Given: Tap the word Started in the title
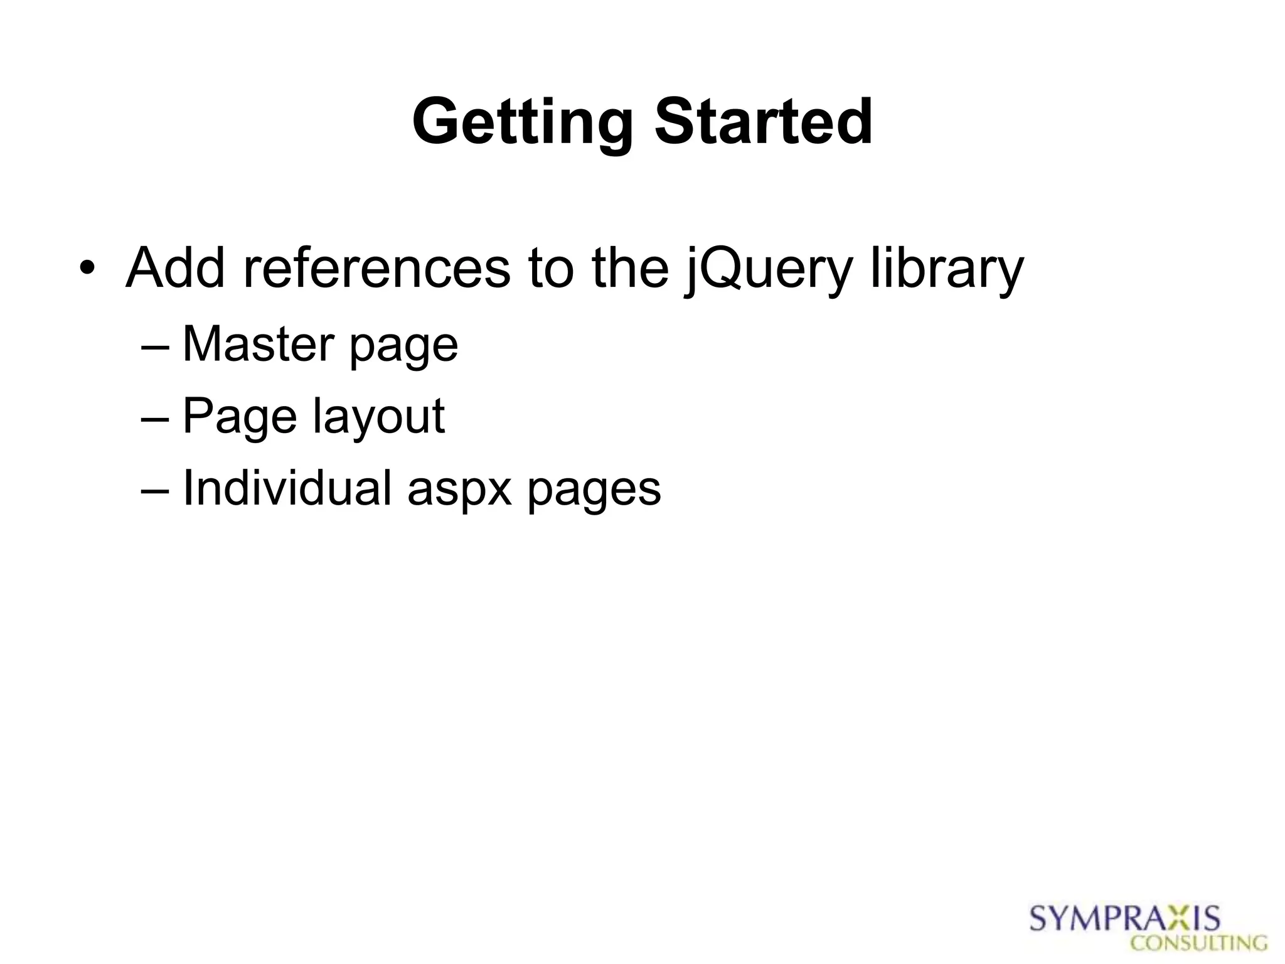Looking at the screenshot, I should click(763, 122).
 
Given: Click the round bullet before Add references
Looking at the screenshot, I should click(87, 270).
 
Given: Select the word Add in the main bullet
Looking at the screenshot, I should click(175, 269).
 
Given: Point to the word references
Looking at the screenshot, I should click(376, 269).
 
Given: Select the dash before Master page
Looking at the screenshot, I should click(155, 347).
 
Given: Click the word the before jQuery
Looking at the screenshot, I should click(630, 269).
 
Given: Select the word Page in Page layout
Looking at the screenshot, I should click(239, 416).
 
